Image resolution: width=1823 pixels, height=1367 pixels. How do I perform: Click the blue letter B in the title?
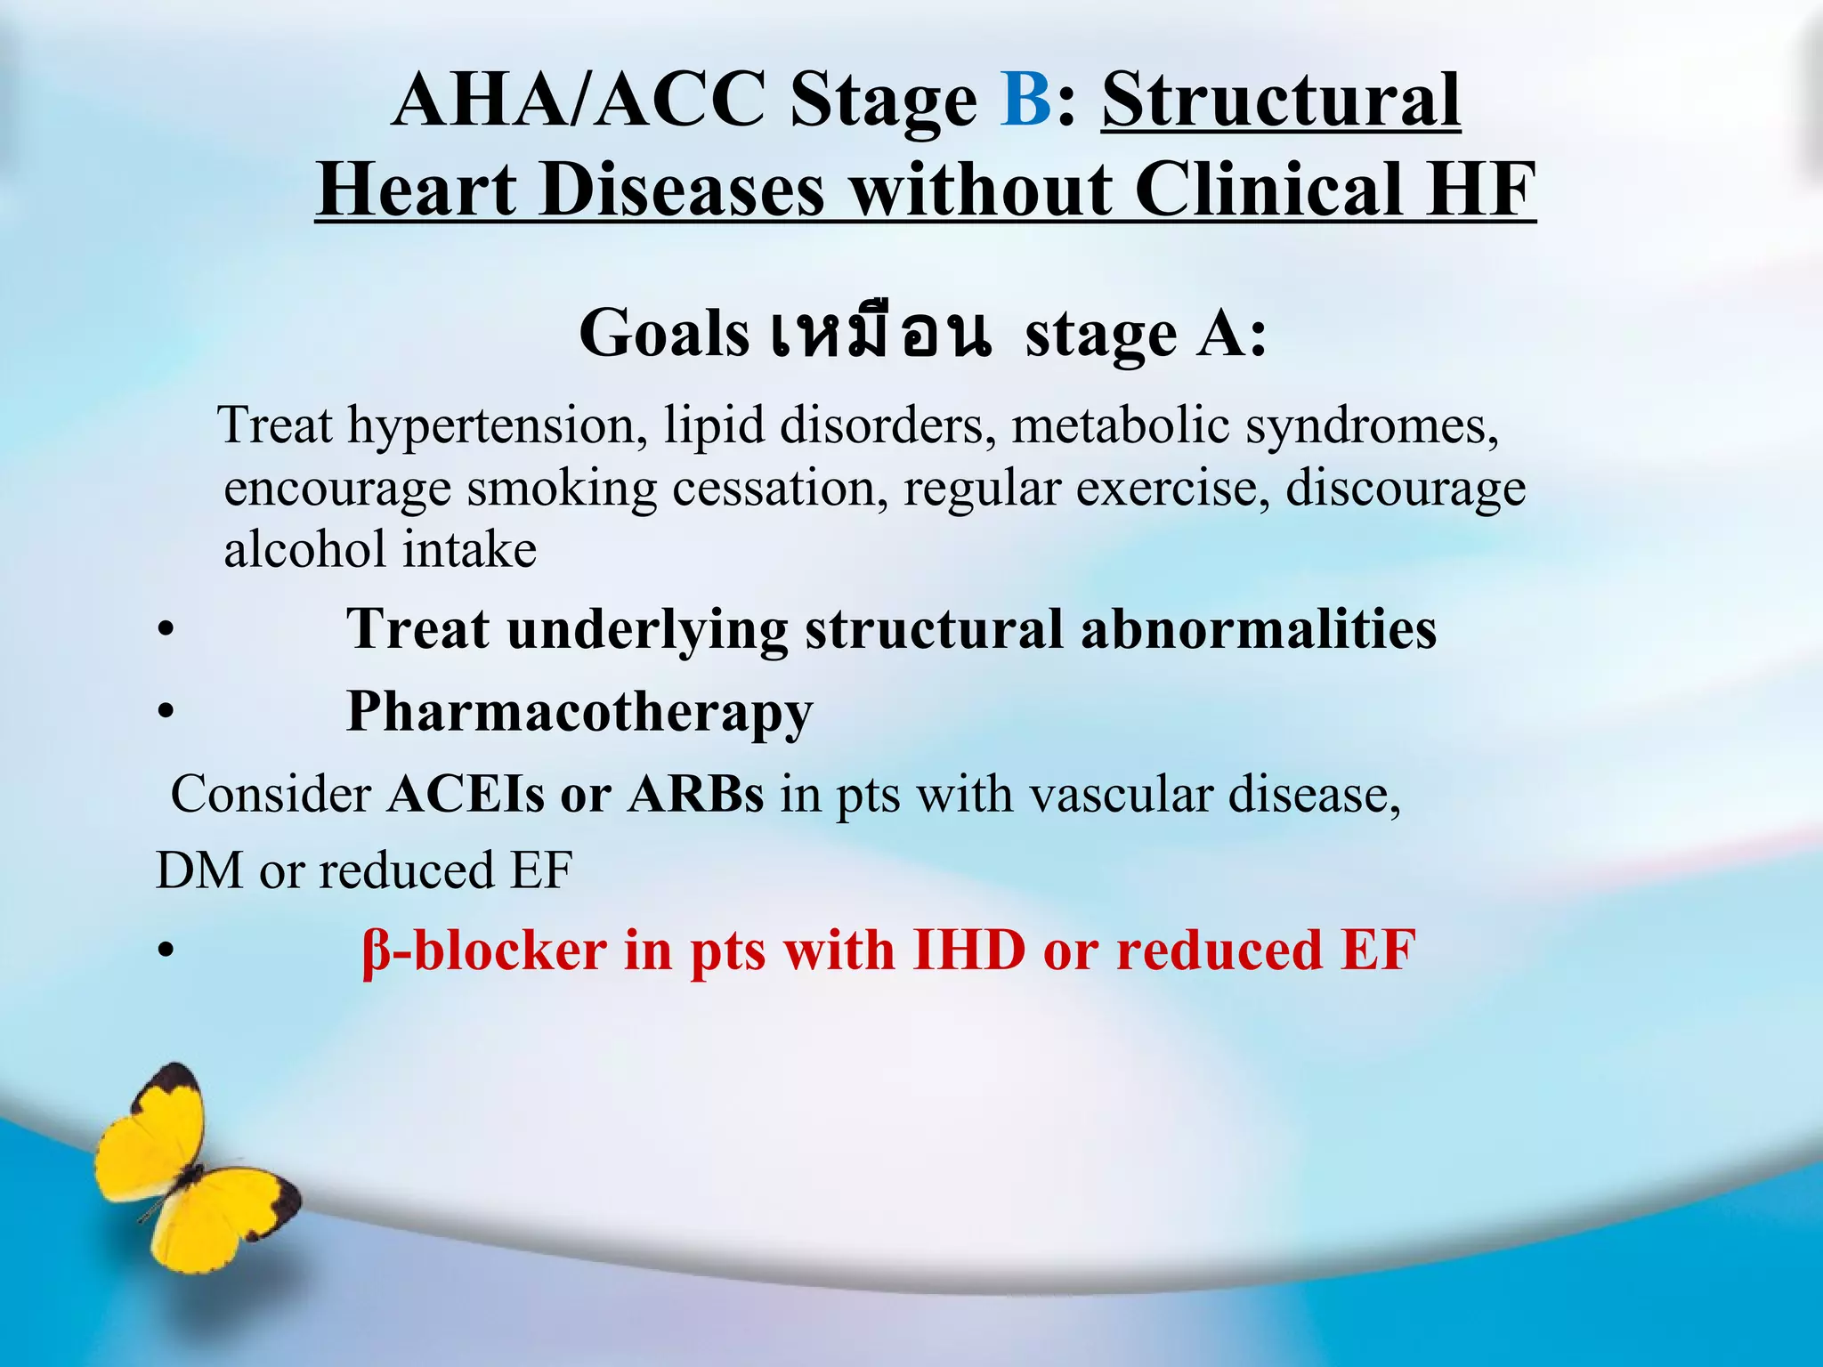(1026, 100)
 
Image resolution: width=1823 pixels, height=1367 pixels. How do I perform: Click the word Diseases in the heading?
(682, 190)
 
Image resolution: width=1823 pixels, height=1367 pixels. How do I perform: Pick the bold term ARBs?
(695, 795)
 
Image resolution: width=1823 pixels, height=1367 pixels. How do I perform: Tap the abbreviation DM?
(199, 870)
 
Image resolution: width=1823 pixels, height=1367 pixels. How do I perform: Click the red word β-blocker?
(484, 950)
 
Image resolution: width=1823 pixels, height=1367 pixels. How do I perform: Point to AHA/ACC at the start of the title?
(579, 100)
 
